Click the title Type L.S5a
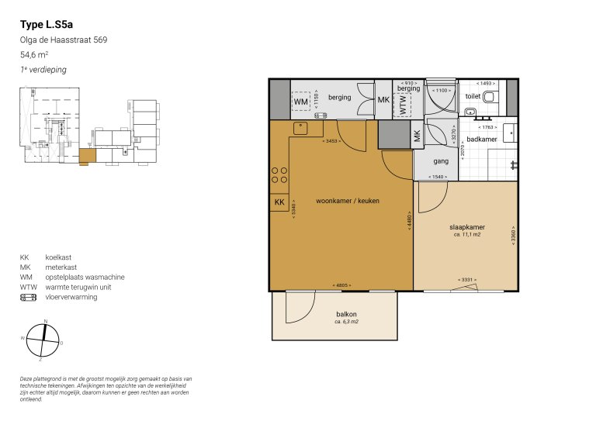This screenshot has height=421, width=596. click(x=47, y=25)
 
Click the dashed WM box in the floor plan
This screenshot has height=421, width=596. click(x=301, y=101)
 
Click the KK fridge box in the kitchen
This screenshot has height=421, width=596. click(x=279, y=202)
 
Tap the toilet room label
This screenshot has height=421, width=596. click(x=473, y=97)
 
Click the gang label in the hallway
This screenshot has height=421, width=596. click(x=441, y=161)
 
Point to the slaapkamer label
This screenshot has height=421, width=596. click(x=467, y=227)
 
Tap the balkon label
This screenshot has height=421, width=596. click(x=346, y=314)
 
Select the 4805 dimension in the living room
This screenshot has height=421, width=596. click(x=341, y=285)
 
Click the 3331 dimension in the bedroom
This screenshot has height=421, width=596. click(x=466, y=280)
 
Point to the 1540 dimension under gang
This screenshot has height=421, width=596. click(x=439, y=178)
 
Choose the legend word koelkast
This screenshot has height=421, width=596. click(x=59, y=257)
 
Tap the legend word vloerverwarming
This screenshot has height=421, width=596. click(x=71, y=296)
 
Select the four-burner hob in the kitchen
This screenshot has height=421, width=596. click(x=279, y=177)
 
